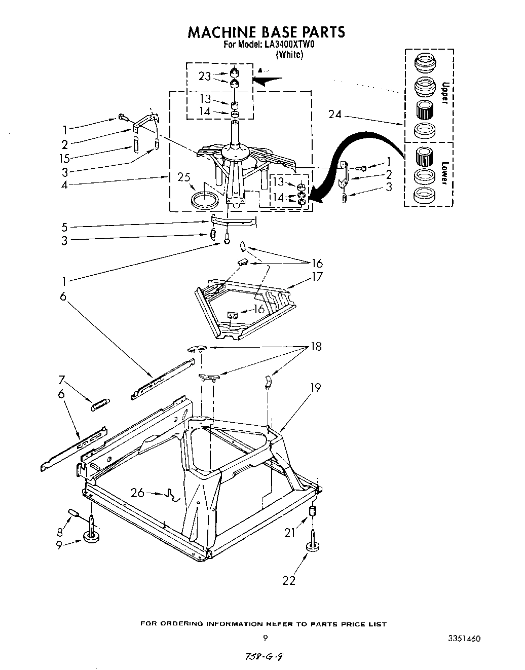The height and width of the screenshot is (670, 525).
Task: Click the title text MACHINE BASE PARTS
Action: tap(266, 32)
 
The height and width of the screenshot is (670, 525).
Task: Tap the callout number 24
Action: tap(335, 115)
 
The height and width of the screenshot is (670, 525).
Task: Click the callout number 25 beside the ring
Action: tap(184, 177)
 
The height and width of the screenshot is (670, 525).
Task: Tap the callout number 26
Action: tap(138, 492)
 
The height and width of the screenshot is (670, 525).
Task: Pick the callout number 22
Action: tap(288, 581)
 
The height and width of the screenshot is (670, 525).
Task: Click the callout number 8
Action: tap(61, 532)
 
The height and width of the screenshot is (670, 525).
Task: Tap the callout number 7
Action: tap(61, 379)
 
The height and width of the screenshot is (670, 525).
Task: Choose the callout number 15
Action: tap(64, 158)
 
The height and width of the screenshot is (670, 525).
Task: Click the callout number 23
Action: tap(204, 76)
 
